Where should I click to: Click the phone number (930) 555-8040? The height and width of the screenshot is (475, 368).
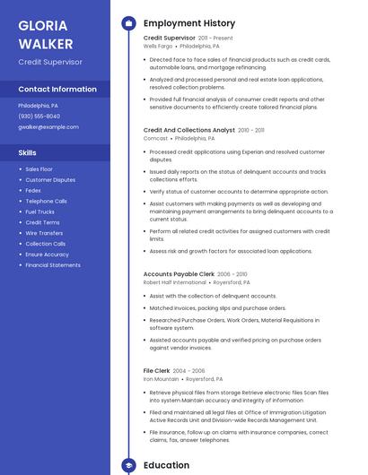pyautogui.click(x=39, y=116)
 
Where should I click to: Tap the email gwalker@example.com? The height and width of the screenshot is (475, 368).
pyautogui.click(x=48, y=127)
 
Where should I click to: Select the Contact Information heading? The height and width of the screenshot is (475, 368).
pyautogui.click(x=57, y=90)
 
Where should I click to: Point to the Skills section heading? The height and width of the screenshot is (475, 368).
pyautogui.click(x=28, y=153)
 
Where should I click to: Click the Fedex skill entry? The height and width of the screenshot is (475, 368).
pyautogui.click(x=33, y=190)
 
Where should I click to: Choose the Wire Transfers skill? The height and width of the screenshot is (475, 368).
pyautogui.click(x=44, y=233)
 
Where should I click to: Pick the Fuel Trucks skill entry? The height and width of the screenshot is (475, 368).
pyautogui.click(x=39, y=212)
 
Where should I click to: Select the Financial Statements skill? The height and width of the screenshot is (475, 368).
pyautogui.click(x=53, y=265)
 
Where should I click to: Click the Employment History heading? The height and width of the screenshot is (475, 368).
pyautogui.click(x=189, y=23)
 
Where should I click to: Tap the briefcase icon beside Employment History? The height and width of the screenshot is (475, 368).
pyautogui.click(x=128, y=23)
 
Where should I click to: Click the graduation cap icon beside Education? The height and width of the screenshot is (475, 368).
pyautogui.click(x=128, y=466)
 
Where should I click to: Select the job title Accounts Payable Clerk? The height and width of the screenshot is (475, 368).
pyautogui.click(x=179, y=274)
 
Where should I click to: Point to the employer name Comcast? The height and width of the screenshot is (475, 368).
pyautogui.click(x=155, y=139)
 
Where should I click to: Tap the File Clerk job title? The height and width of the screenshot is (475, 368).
pyautogui.click(x=156, y=370)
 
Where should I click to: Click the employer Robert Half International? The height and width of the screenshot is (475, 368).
pyautogui.click(x=174, y=282)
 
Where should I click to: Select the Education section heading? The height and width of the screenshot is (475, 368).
pyautogui.click(x=166, y=466)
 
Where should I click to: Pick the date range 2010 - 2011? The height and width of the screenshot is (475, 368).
pyautogui.click(x=251, y=130)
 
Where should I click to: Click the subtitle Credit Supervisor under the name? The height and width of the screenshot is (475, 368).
pyautogui.click(x=50, y=62)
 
